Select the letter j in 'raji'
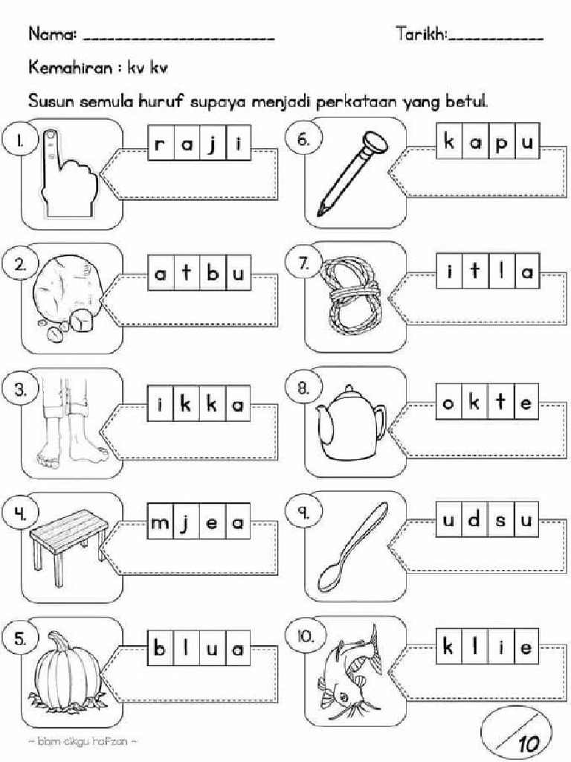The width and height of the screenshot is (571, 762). coord(214,144)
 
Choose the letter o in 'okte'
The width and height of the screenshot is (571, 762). coord(448,403)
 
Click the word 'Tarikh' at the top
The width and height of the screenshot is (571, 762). coord(421,34)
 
